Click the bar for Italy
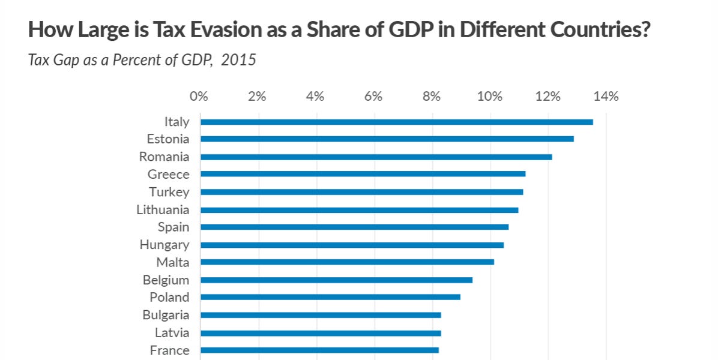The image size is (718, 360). coord(396,122)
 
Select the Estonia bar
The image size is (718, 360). coord(387,139)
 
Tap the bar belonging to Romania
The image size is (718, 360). coord(376,157)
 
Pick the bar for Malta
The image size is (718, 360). coord(347,262)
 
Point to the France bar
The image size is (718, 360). coord(319,350)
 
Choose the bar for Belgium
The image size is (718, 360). coord(336,280)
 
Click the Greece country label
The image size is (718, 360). coord(168,175)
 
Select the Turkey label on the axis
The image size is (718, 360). coord(169,192)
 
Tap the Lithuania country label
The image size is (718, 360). coord(163,210)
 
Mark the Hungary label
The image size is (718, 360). coord(164,245)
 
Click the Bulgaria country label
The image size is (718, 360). coord(166,315)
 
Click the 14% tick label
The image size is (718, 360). coord(605,97)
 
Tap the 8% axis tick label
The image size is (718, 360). coord(432,97)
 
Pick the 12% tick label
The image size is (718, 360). coord(548,97)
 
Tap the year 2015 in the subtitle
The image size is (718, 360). coord(238,61)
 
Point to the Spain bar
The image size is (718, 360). coord(354,227)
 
